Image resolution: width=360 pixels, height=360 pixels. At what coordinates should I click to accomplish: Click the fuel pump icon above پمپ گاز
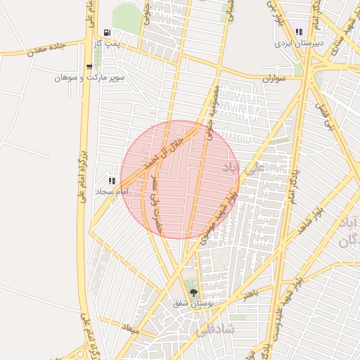[x=106, y=32]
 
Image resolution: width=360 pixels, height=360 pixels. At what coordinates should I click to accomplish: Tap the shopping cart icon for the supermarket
[x=89, y=67]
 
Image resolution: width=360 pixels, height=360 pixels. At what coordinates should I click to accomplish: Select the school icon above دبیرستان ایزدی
[x=299, y=32]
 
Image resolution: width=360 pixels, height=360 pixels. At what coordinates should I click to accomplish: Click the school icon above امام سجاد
[x=112, y=181]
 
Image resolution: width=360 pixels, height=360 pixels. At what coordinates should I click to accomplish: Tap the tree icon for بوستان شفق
[x=193, y=293]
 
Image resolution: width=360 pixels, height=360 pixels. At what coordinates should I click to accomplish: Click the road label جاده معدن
[x=46, y=49]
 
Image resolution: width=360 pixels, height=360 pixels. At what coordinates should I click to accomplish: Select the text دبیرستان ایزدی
[x=299, y=42]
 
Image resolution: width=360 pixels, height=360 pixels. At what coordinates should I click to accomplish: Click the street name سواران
[x=274, y=79]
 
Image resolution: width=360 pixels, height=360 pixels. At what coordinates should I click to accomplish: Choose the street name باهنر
[x=251, y=294]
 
